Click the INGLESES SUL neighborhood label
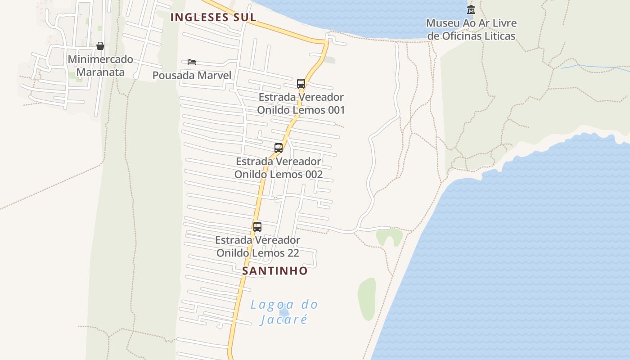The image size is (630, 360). (213, 18)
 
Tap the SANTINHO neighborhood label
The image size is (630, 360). (275, 271)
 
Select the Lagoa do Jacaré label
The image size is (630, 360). (284, 312)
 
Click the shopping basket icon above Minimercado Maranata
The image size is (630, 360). (100, 46)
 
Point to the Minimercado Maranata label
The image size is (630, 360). (100, 66)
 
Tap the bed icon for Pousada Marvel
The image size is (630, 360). (192, 62)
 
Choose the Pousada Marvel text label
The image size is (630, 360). (192, 75)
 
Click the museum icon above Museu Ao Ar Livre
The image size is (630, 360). (471, 9)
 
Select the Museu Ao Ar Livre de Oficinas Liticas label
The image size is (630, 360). (471, 29)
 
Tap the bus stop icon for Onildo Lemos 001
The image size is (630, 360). (301, 84)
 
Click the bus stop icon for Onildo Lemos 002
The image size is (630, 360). (279, 148)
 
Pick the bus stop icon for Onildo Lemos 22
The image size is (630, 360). (257, 227)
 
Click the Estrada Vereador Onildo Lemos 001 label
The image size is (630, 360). (301, 103)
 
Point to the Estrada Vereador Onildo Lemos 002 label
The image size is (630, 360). (279, 167)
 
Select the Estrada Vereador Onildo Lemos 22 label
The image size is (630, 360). (257, 247)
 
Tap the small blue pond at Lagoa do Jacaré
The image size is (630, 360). (284, 312)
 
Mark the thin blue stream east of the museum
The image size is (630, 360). (594, 67)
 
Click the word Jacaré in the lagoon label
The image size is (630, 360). (284, 319)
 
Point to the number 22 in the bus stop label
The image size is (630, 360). (292, 253)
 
